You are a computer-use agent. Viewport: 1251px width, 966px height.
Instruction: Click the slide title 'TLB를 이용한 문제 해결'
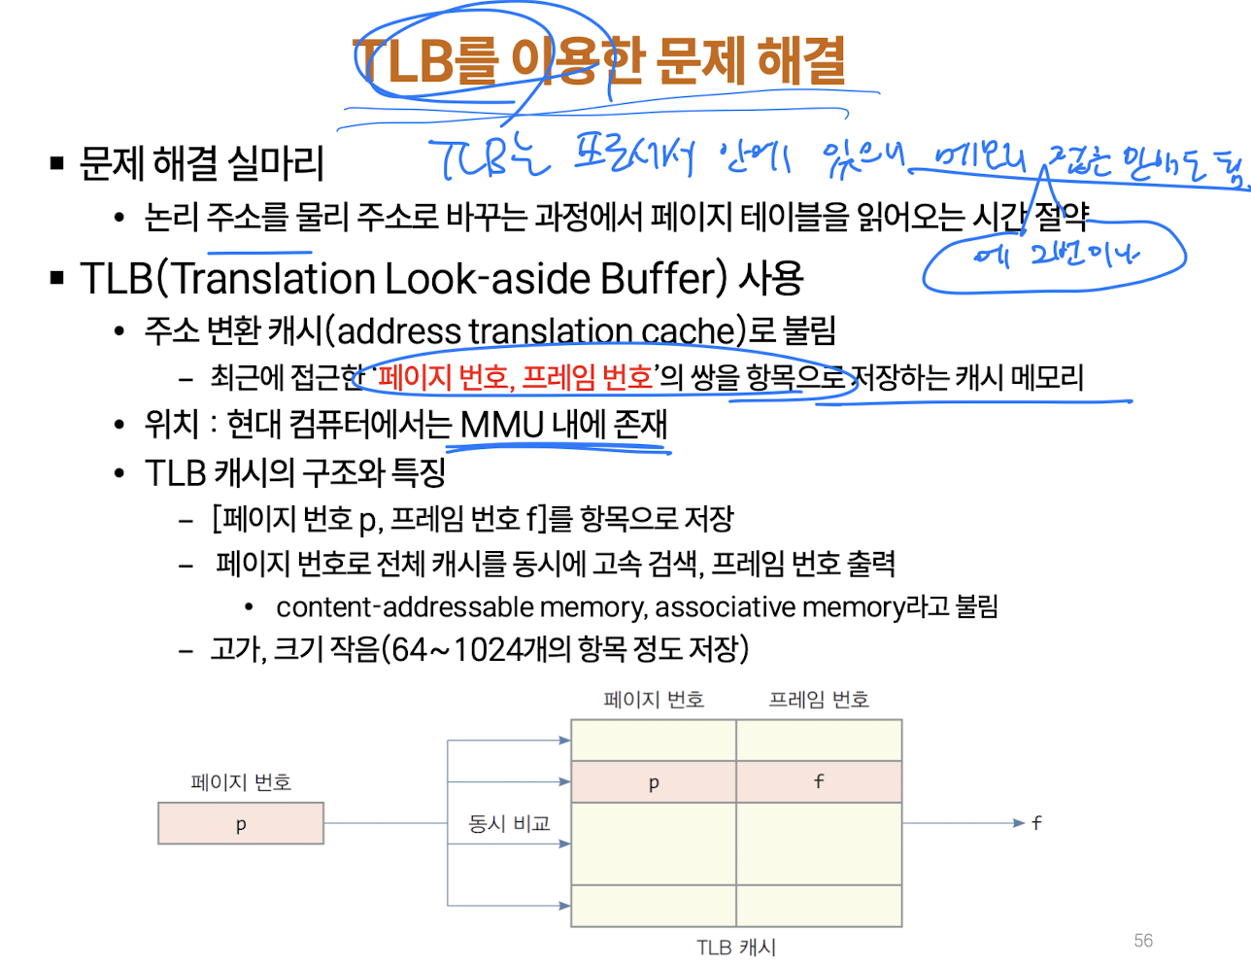[x=599, y=60]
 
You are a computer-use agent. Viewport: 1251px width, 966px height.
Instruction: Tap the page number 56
[x=1143, y=940]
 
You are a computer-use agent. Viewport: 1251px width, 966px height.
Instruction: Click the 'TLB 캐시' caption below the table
[x=736, y=948]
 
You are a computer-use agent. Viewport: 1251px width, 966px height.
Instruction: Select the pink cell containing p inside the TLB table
[x=654, y=782]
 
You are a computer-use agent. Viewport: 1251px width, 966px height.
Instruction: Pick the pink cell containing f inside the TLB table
[x=819, y=781]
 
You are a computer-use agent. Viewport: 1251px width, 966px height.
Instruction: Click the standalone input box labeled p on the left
[x=241, y=824]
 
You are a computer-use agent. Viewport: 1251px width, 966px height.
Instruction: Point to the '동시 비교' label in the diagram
[x=509, y=824]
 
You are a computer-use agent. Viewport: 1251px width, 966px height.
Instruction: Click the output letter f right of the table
[x=1037, y=823]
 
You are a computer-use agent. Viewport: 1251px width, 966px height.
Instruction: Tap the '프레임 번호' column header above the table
[x=819, y=700]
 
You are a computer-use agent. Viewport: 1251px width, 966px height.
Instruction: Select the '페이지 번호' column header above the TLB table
[x=654, y=700]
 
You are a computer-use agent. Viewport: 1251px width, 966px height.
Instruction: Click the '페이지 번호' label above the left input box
[x=241, y=782]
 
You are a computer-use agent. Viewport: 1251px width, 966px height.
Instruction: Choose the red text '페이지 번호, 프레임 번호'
[x=516, y=377]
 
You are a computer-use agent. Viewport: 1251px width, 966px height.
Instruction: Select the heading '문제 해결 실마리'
[x=202, y=163]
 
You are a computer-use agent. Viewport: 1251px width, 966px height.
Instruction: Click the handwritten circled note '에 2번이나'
[x=1055, y=256]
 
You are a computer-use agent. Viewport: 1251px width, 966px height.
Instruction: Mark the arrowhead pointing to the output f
[x=1019, y=823]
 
